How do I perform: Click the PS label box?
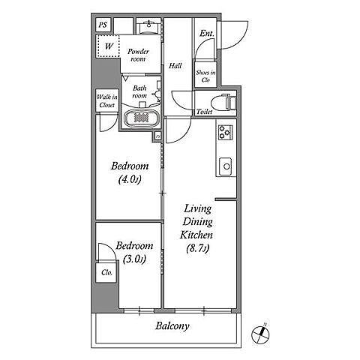pos(103,25)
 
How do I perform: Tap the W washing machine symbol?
pos(109,46)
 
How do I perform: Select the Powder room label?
pos(138,55)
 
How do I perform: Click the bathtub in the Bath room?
pos(142,118)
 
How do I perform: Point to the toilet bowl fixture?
pos(223,103)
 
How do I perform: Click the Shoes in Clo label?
pos(205,76)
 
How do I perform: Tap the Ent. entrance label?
pos(207,34)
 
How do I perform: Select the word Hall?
pos(175,66)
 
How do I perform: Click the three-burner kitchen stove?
pos(225,132)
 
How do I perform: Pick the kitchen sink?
pos(225,166)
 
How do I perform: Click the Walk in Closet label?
pos(107,100)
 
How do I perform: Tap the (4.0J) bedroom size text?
pos(130,179)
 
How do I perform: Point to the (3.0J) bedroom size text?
pos(134,259)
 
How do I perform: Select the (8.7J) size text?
pos(197,248)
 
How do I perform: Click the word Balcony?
pos(172,326)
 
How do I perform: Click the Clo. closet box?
pos(106,272)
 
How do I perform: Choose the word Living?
pos(197,208)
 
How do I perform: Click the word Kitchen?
pos(196,235)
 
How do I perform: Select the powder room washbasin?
pos(149,26)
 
